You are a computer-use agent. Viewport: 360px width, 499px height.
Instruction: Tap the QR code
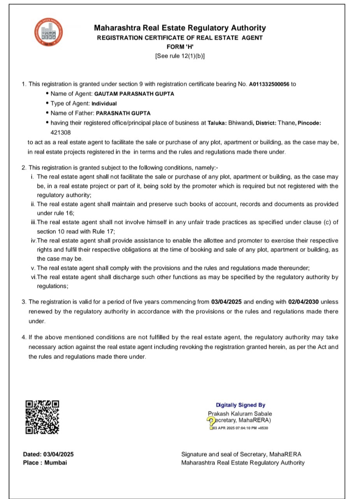[42, 417]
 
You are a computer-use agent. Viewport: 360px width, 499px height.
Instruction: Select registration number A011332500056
[269, 84]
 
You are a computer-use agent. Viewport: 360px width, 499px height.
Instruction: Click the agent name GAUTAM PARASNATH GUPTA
[134, 94]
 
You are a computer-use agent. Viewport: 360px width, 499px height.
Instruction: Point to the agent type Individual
[104, 104]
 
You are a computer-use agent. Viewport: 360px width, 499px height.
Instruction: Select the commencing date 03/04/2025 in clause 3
[227, 302]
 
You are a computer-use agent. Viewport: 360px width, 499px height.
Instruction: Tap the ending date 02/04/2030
[304, 302]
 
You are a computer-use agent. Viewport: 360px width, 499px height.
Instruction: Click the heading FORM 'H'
[180, 47]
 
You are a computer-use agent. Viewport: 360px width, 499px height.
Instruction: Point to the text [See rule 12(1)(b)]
[180, 56]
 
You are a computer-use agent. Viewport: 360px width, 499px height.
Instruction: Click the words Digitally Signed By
[241, 405]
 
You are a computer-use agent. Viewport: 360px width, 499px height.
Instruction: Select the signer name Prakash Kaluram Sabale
[240, 414]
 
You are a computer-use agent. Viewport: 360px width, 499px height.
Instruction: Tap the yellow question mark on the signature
[211, 420]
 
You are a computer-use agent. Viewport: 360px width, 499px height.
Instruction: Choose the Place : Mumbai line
[45, 463]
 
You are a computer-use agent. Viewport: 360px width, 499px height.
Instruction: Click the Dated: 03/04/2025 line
[48, 454]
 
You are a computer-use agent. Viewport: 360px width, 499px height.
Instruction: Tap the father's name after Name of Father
[123, 113]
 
